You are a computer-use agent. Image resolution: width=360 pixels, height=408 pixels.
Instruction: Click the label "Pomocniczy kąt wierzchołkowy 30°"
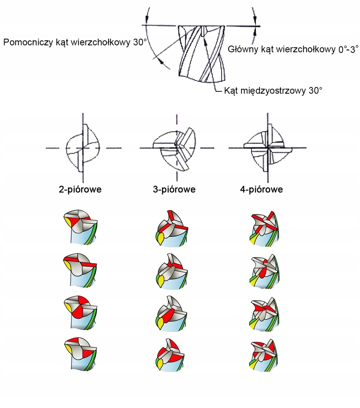coord(75,42)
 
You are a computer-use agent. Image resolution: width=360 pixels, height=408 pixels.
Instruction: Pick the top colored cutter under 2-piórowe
coord(80,227)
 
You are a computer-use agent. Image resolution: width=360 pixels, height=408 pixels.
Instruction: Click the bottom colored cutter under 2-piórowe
coord(80,353)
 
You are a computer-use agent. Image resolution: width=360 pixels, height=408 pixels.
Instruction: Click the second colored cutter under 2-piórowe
coord(80,269)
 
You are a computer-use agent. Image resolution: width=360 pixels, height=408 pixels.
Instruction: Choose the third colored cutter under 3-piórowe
coord(171,313)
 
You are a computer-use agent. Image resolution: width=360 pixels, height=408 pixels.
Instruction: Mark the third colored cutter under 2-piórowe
coord(80,311)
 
